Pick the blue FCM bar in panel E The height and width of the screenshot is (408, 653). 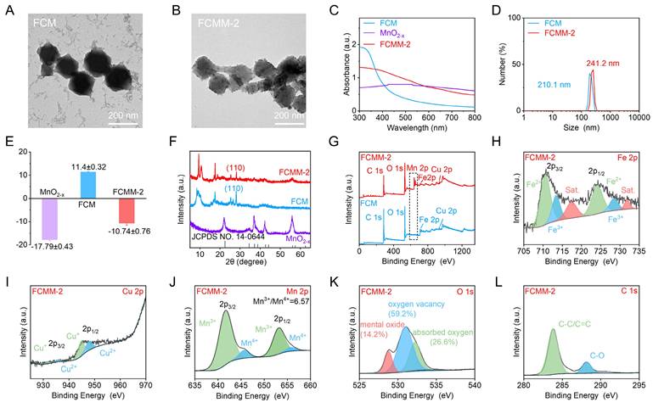coord(85,182)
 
